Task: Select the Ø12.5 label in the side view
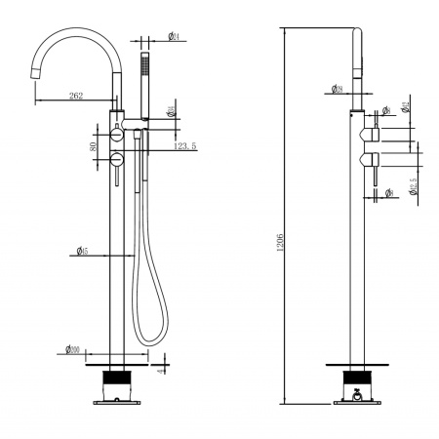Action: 414,184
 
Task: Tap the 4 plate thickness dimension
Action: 162,371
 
